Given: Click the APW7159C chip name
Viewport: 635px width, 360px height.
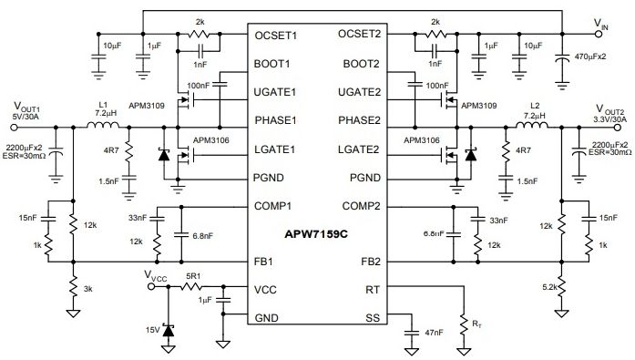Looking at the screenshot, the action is click(x=316, y=234).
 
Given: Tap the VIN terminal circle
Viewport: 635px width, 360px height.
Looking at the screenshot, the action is click(x=599, y=34).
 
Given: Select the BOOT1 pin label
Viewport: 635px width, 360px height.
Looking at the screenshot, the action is click(x=272, y=64).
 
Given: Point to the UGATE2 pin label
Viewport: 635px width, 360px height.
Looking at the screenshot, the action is click(x=360, y=92).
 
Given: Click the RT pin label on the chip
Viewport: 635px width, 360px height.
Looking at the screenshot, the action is click(x=373, y=290).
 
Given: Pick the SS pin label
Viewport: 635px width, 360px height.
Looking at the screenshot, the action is click(x=373, y=318).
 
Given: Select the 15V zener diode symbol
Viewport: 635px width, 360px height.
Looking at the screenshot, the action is click(x=168, y=331).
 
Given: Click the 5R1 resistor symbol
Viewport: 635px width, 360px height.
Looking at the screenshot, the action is click(x=191, y=287).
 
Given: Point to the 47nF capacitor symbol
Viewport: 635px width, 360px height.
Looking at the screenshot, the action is click(x=412, y=333).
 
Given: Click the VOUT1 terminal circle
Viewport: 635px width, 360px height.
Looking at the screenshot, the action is click(x=14, y=128).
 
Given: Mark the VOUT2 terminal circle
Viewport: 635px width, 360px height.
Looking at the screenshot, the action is click(x=617, y=128).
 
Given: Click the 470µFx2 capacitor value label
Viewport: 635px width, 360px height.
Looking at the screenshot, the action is click(x=590, y=57).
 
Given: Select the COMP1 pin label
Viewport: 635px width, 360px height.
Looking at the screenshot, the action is click(x=272, y=206).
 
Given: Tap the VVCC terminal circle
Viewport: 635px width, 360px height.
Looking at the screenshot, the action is click(x=151, y=287).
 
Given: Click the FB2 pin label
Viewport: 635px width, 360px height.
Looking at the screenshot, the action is click(x=371, y=262).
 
